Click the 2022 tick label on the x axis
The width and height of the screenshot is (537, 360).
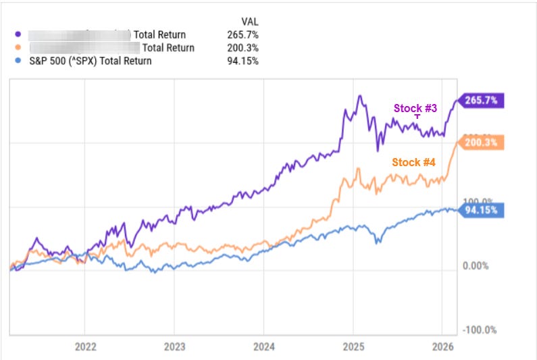[85, 348]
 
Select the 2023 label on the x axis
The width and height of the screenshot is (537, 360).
[174, 348]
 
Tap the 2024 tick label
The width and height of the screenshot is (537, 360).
[264, 348]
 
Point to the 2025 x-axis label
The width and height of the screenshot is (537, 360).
[353, 348]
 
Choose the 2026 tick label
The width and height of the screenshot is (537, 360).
[442, 348]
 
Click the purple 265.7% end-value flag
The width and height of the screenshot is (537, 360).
[481, 101]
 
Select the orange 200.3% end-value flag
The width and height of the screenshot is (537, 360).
[481, 143]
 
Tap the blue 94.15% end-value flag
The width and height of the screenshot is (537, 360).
[481, 209]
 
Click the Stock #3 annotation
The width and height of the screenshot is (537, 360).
[416, 108]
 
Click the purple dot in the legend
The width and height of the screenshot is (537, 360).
[18, 34]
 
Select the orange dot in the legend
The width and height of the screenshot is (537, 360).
[18, 48]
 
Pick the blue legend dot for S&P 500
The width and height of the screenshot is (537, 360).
[18, 61]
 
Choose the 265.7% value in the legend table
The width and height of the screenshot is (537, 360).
[245, 34]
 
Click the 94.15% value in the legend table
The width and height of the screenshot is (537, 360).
[245, 61]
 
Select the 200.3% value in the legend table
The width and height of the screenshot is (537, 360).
[245, 48]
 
